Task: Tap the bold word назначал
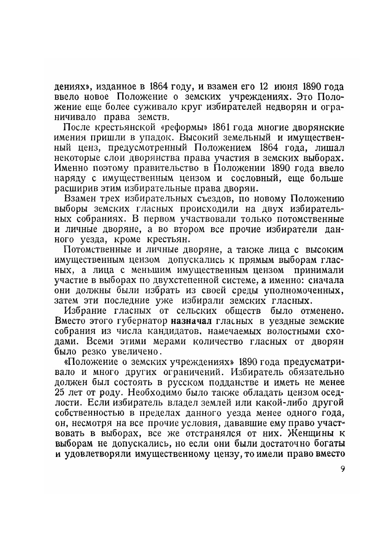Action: coord(191,321)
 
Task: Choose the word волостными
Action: coord(292,331)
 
